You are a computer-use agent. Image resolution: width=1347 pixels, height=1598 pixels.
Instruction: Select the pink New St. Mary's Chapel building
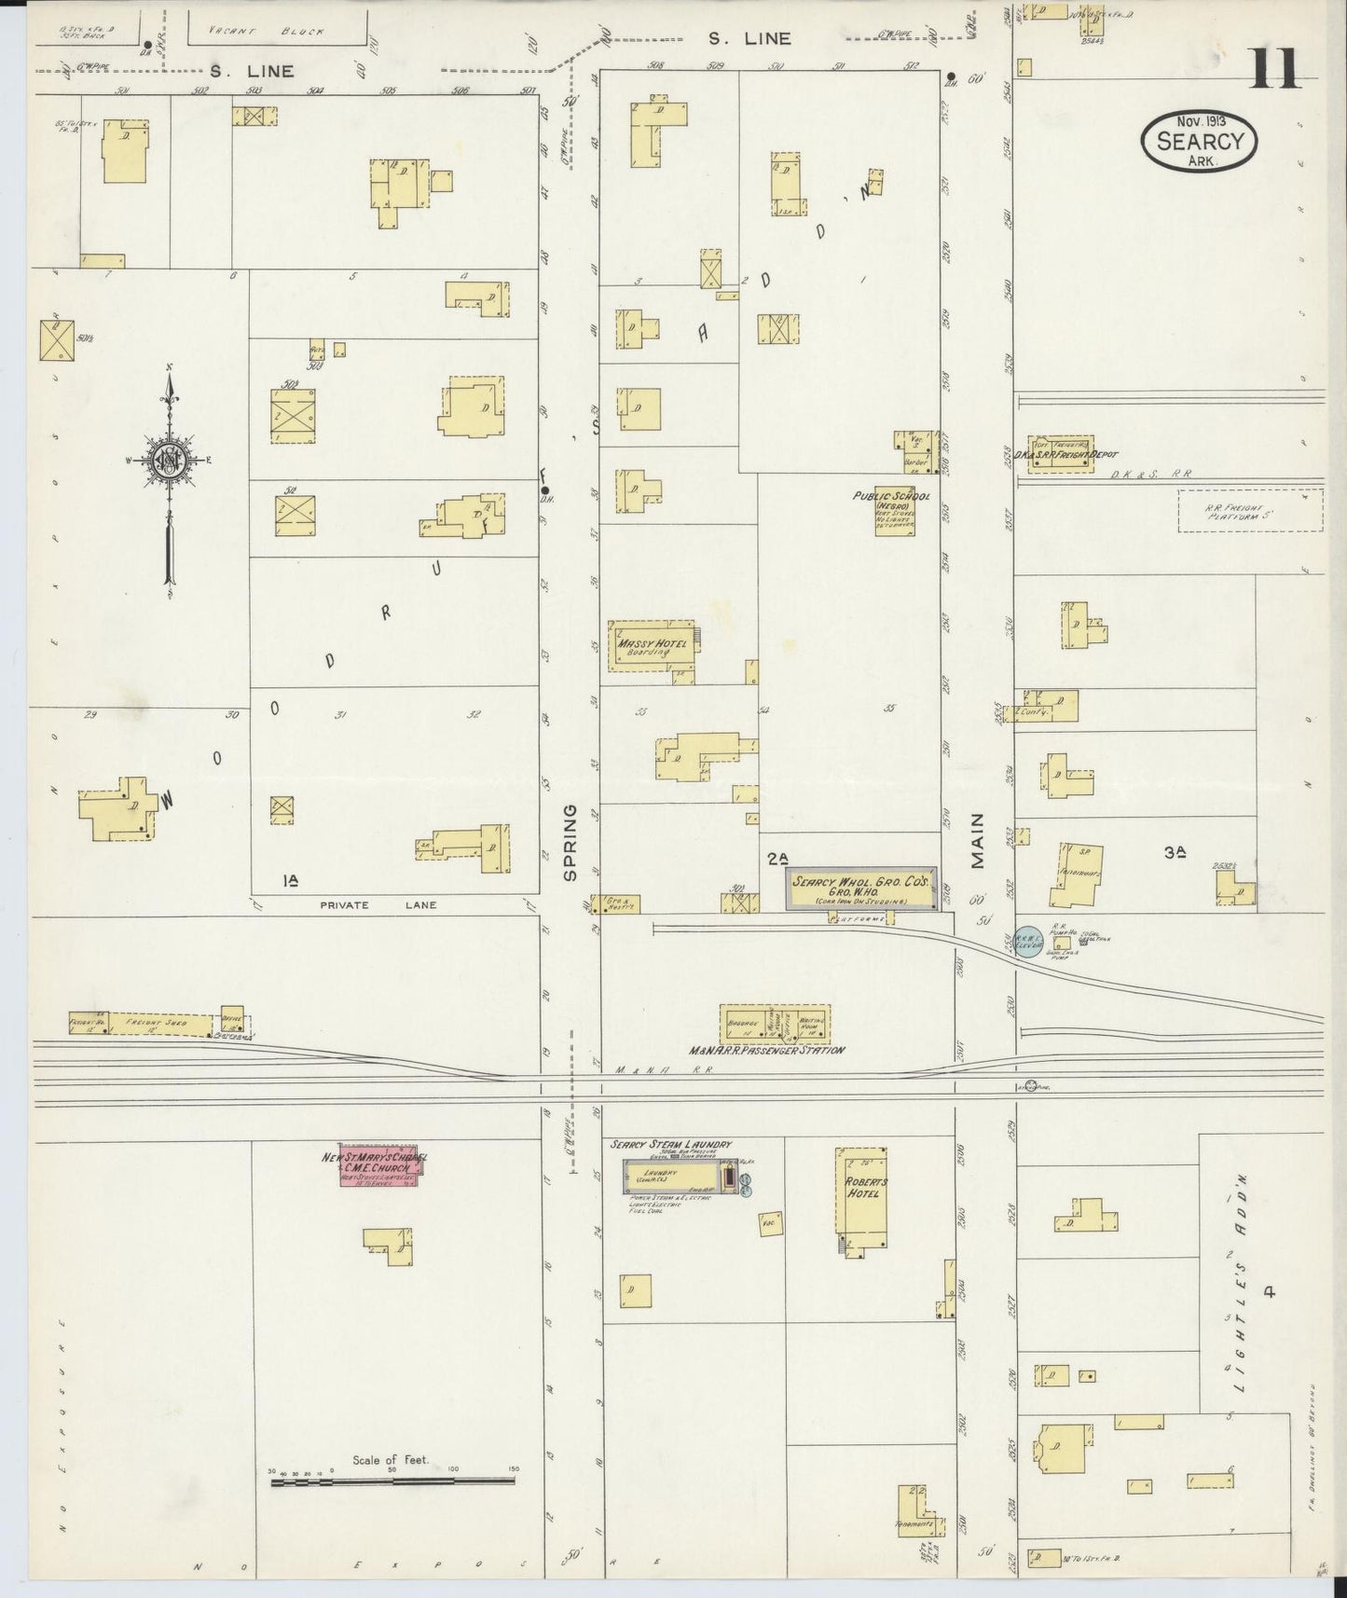pos(378,1164)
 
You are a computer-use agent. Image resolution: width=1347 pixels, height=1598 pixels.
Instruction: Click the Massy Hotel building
pos(652,646)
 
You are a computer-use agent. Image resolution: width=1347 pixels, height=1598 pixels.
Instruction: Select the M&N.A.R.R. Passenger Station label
pos(767,1050)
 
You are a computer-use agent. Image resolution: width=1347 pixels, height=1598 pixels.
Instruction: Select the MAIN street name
pos(978,841)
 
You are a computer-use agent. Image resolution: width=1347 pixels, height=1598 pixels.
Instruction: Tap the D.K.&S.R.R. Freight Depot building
pos(1060,454)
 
